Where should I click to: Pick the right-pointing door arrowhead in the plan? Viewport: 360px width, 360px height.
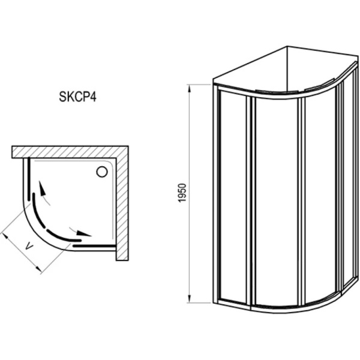tap(87, 235)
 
